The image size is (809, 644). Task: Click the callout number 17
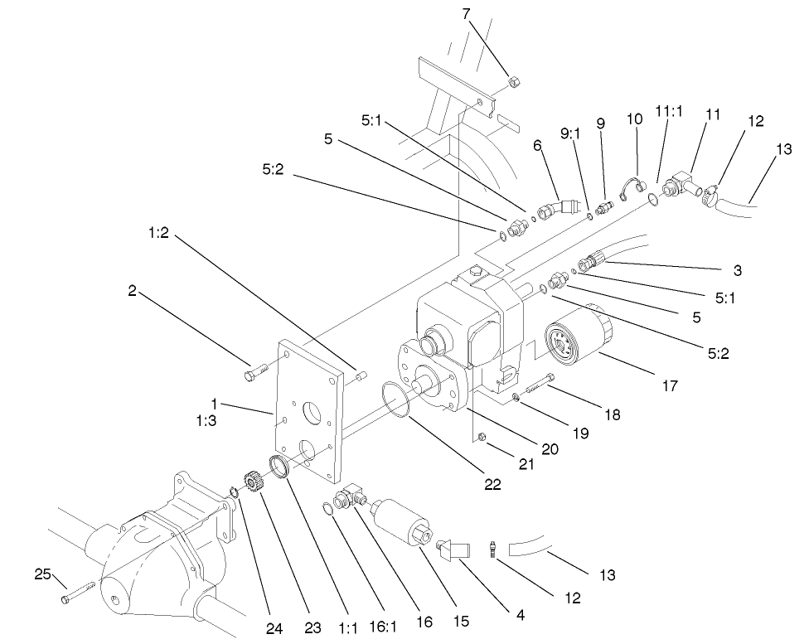point(669,385)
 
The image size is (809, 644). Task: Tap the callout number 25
point(43,574)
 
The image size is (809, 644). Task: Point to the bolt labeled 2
point(254,375)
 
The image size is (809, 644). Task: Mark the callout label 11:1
point(669,111)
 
